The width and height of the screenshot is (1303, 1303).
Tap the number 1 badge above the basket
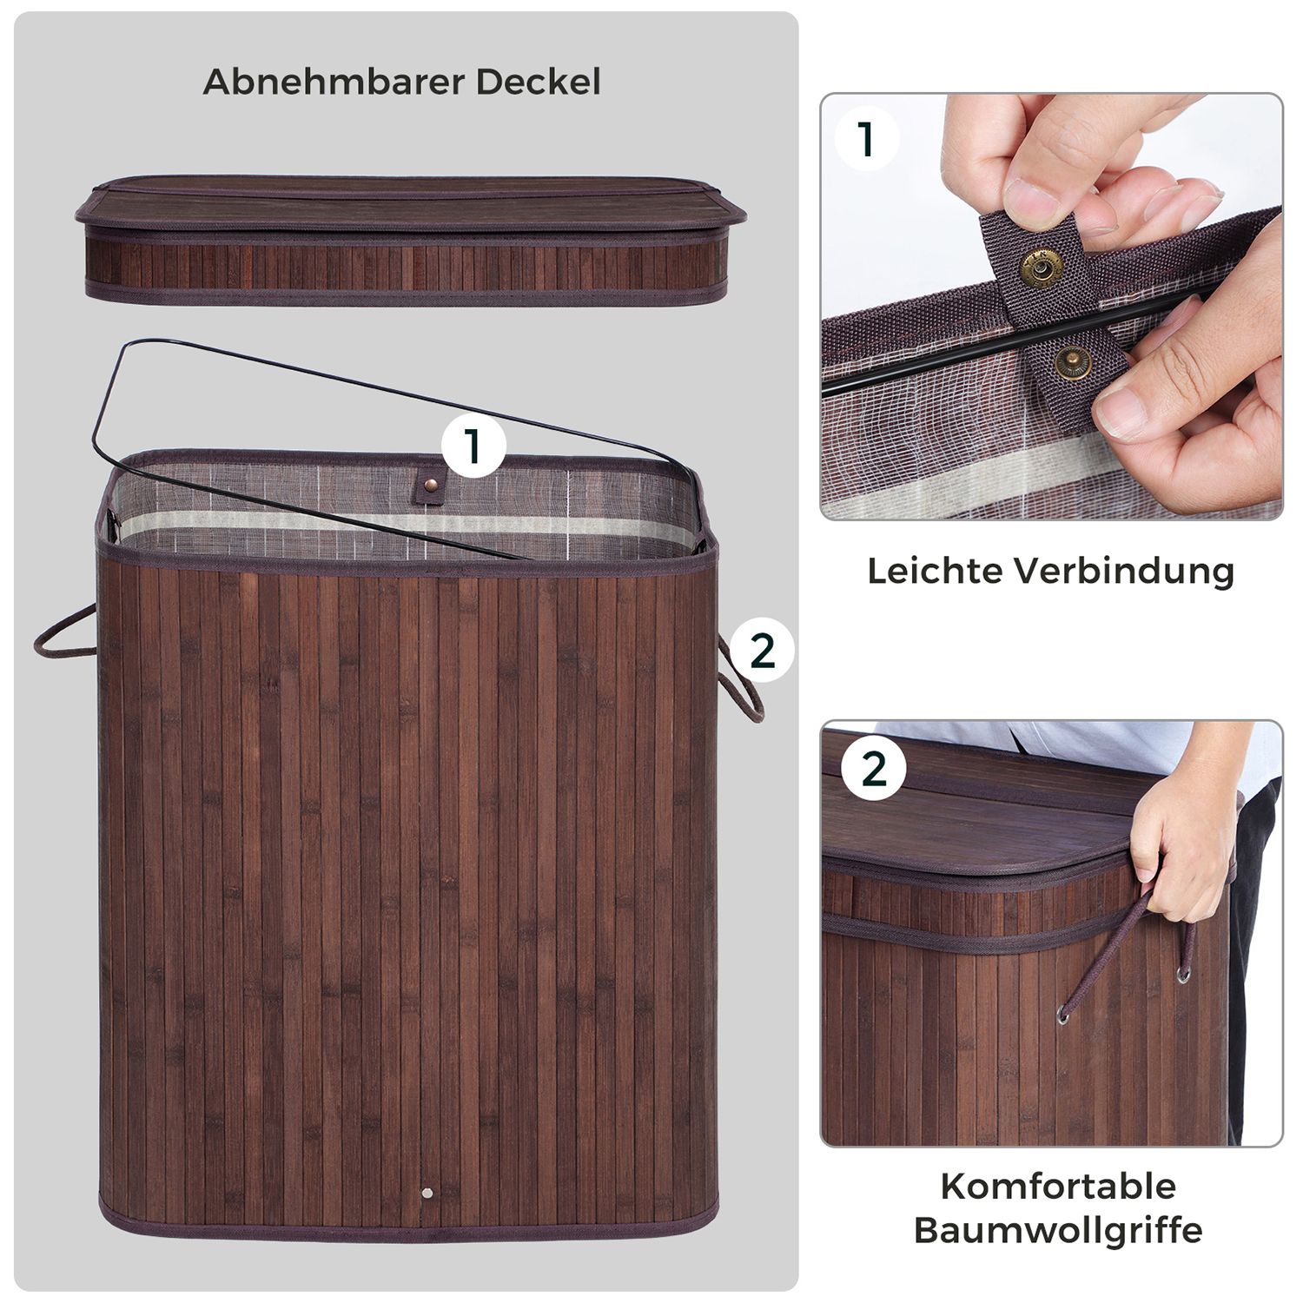click(x=473, y=447)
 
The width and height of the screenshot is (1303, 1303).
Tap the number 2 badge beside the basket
click(x=762, y=651)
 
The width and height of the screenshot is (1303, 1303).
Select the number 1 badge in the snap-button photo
click(x=866, y=140)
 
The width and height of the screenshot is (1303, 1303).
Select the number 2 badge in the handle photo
click(x=873, y=770)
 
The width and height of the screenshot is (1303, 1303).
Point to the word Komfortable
click(x=1058, y=1186)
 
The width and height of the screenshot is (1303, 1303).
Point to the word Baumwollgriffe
click(x=1058, y=1231)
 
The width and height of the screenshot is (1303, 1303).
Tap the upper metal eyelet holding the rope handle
click(x=1184, y=975)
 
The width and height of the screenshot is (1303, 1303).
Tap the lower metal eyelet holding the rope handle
click(x=1064, y=1013)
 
